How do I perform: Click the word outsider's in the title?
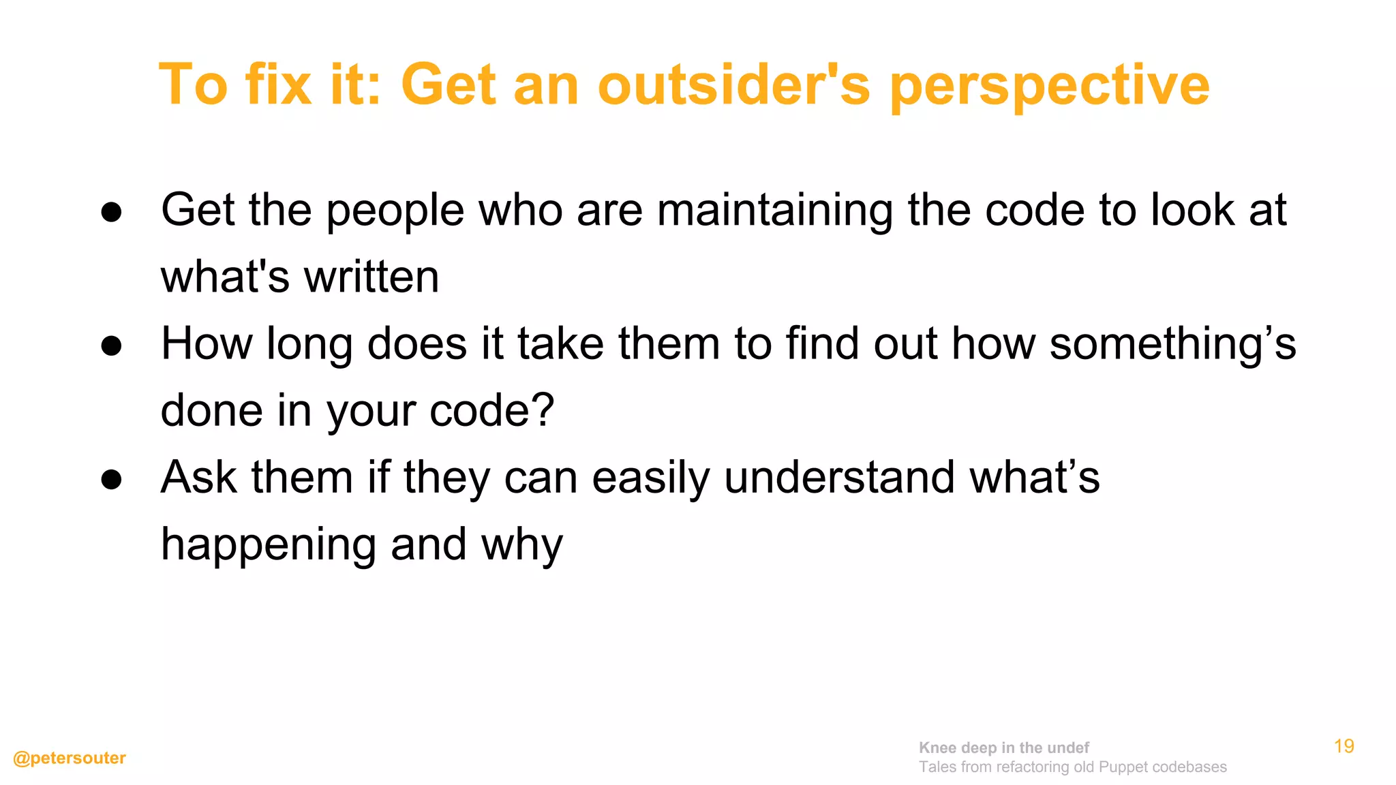[733, 85]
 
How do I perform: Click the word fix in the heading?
[278, 85]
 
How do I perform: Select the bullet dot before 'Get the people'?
[111, 212]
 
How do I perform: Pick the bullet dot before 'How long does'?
[111, 346]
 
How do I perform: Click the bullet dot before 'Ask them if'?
[111, 480]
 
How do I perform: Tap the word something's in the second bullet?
[1172, 343]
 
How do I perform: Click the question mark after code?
[543, 410]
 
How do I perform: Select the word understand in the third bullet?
[839, 477]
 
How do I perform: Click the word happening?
[269, 545]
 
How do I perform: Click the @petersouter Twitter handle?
[70, 758]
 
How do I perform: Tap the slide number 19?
[1344, 746]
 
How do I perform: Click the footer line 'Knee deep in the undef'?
[1003, 748]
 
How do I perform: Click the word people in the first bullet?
[395, 211]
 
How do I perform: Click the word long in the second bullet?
[309, 345]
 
